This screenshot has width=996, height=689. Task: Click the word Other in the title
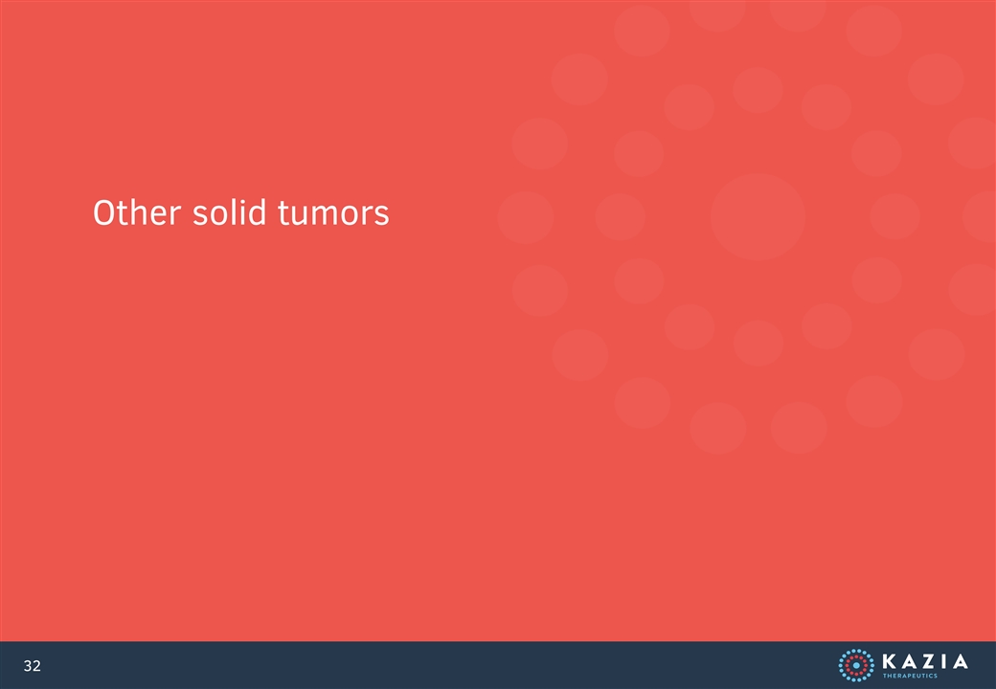[137, 212]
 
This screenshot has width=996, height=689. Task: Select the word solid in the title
[229, 212]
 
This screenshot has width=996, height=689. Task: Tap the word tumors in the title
[333, 213]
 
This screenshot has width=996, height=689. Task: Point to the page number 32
[32, 665]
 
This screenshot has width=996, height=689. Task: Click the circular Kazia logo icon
[855, 665]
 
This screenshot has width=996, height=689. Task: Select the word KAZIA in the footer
[925, 661]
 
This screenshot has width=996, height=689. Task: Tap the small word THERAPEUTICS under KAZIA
[910, 676]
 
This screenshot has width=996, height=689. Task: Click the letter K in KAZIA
[890, 661]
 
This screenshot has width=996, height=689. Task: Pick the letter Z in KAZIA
[927, 661]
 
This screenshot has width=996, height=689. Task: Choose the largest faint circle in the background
[758, 217]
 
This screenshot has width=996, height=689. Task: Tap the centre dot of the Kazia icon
[855, 665]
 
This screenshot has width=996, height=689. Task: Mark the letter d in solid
[258, 212]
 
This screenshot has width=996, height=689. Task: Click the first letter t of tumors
[283, 213]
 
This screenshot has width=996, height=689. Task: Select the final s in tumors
[382, 216]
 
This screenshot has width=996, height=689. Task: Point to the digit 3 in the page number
[28, 665]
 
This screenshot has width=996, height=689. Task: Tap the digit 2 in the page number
[36, 665]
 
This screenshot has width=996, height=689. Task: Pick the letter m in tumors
[328, 216]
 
